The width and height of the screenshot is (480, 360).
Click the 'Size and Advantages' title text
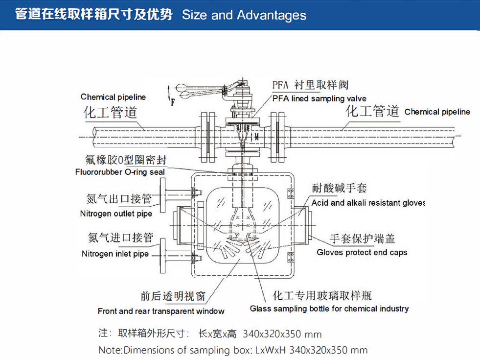244,15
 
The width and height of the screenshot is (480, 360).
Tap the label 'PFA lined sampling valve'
320,98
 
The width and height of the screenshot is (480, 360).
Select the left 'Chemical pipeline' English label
113,97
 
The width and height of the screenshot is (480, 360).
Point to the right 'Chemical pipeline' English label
437,112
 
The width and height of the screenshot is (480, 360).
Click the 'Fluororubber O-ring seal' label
120,172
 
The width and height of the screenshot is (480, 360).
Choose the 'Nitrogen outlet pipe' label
116,214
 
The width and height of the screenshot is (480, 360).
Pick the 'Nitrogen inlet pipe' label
115,254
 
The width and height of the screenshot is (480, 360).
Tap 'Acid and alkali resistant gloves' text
368,203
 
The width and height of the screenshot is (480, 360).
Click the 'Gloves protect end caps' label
362,252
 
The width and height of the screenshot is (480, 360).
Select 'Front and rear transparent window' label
161,312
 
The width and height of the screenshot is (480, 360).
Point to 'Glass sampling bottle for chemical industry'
329,309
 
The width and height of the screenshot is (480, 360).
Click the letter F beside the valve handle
173,102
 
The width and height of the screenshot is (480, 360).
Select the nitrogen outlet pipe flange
162,195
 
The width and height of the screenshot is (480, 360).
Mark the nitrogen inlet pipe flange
162,256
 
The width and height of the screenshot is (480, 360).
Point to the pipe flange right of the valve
277,137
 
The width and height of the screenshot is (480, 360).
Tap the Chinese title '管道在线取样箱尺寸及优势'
94,14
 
